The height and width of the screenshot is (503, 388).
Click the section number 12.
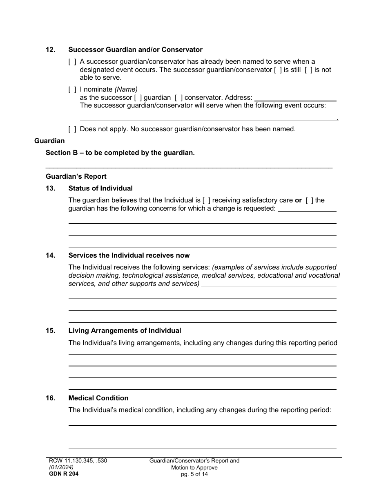click(x=50, y=50)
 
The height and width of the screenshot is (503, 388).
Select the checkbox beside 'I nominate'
click(x=72, y=89)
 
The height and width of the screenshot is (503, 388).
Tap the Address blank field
click(x=295, y=98)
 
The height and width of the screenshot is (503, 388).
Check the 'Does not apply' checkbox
click(x=72, y=129)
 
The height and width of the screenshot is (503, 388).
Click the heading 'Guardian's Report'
click(x=76, y=177)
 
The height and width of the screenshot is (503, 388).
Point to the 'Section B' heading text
click(x=120, y=153)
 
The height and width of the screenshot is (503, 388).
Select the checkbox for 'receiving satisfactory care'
click(x=207, y=200)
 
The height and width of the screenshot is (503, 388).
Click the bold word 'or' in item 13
click(x=298, y=200)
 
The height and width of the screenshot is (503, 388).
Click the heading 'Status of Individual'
click(x=100, y=189)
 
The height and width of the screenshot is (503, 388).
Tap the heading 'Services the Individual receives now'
click(x=129, y=256)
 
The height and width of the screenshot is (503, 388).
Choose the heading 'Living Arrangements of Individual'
click(x=125, y=331)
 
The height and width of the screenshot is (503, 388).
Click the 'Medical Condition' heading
click(x=98, y=398)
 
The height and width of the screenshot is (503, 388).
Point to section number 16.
click(x=50, y=398)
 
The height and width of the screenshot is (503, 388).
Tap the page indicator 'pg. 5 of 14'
click(x=194, y=474)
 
